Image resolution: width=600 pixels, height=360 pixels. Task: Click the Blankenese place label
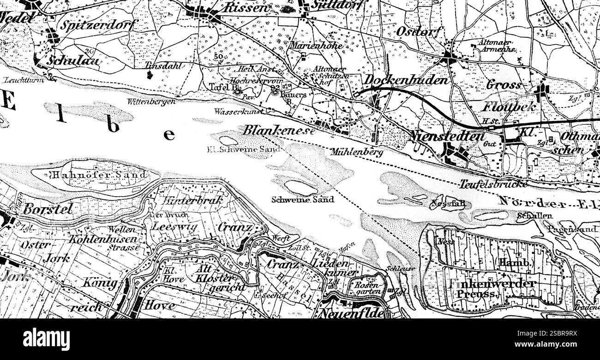pos(279,130)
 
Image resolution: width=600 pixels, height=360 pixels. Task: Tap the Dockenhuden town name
pos(406,80)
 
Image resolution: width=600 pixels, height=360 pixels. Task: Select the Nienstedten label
pos(447,136)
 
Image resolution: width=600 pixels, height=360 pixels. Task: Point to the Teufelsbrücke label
pos(493,184)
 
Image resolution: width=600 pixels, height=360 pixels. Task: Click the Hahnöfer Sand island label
pos(99,175)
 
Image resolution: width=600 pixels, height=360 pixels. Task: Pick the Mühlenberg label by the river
pos(357,152)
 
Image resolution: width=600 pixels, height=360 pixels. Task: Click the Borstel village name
pos(48,209)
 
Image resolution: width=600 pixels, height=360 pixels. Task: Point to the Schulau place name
pos(74,61)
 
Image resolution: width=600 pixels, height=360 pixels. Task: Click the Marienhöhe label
pos(316,46)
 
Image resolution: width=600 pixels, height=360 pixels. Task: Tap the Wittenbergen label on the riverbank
pos(151,101)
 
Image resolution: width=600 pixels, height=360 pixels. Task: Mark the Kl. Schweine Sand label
pos(244,149)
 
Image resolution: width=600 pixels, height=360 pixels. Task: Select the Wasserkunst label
pos(239,111)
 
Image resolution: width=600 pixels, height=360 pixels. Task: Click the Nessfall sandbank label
pos(447,203)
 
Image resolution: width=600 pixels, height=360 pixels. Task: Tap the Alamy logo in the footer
pos(47,339)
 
